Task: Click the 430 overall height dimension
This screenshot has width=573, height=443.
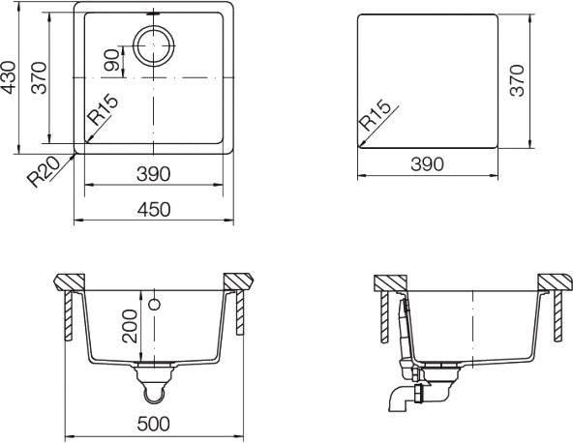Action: click(8, 77)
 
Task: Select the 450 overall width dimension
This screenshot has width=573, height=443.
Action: click(154, 210)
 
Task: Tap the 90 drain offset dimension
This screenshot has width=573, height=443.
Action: click(112, 60)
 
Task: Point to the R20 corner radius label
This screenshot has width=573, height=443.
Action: click(44, 171)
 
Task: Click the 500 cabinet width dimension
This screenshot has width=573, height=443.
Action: click(154, 424)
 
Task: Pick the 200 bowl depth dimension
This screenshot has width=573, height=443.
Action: click(130, 326)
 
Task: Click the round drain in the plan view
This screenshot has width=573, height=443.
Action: click(154, 46)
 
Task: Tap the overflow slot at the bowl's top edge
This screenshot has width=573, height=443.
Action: click(154, 14)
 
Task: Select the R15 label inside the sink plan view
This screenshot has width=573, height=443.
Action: click(104, 109)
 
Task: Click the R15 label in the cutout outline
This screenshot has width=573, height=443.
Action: click(376, 115)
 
